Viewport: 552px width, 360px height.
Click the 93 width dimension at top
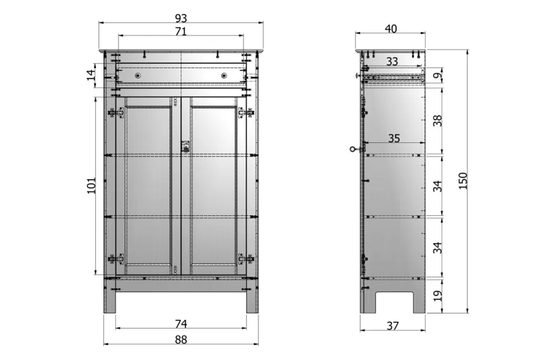point(181,18)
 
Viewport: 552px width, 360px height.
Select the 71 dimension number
point(181,31)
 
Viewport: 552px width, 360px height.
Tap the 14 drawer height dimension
point(91,75)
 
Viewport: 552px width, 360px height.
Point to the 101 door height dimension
point(91,185)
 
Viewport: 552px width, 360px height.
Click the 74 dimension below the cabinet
point(181,324)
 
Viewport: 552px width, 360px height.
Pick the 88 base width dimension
point(181,339)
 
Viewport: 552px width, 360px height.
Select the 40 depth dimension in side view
point(391,28)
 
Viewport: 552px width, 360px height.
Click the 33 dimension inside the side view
point(392,61)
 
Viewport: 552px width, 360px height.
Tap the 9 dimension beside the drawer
point(437,75)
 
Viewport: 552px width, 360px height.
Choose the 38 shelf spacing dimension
point(437,120)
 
